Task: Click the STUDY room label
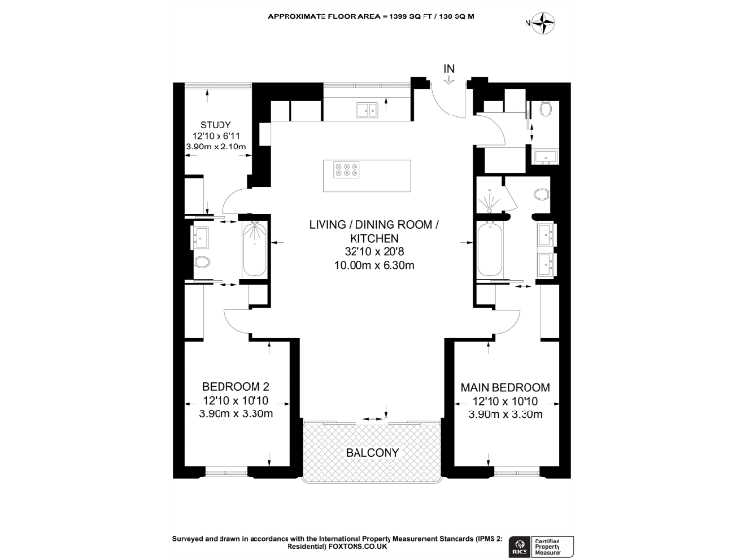216,124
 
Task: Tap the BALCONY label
373,453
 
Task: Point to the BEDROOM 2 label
235,387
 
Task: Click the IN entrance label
449,68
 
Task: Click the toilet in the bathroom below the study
202,263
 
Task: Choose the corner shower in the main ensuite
492,199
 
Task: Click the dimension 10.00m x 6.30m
373,265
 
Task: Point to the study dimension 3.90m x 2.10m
216,148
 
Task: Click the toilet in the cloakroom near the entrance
546,109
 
